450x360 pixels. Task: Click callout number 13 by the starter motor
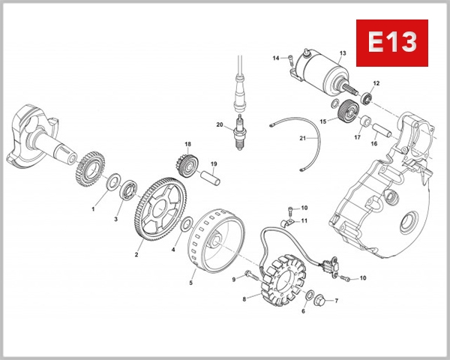342,53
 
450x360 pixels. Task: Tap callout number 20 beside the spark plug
220,124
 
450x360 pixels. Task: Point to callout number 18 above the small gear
188,144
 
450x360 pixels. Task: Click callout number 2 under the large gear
136,255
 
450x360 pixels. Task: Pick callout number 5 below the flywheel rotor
190,283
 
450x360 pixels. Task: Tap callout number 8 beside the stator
244,298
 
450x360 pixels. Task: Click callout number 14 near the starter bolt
275,58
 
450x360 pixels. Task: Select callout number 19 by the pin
214,164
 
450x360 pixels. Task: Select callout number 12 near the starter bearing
376,82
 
